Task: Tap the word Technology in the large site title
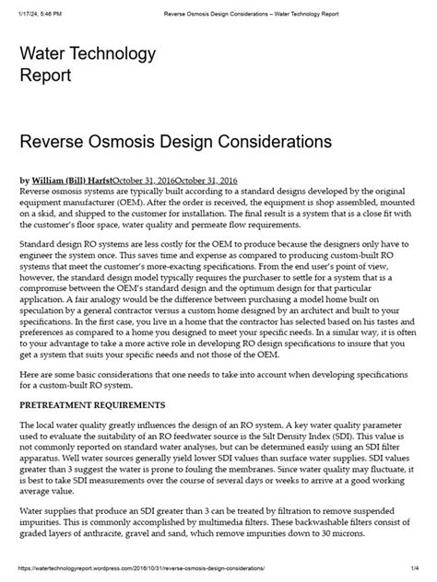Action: tap(109, 55)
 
